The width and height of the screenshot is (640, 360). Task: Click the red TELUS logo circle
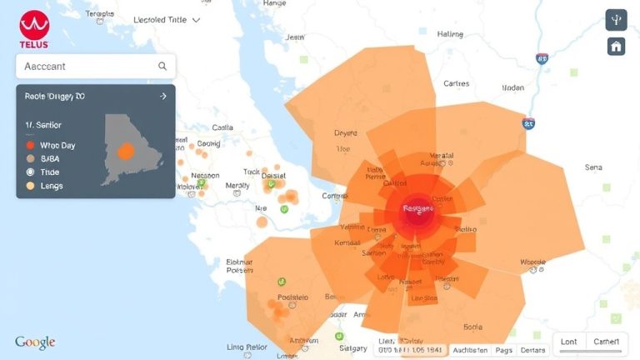[34, 25]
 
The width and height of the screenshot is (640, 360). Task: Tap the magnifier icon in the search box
[162, 66]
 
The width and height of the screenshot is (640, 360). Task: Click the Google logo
[35, 342]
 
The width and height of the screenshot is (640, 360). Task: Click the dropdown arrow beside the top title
[196, 19]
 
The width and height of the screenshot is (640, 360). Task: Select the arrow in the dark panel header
[162, 97]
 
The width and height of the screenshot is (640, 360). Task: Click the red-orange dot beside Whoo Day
[31, 145]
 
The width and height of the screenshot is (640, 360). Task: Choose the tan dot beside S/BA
[31, 158]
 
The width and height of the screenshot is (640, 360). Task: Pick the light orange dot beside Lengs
[31, 186]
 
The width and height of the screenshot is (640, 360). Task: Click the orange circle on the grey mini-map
[126, 152]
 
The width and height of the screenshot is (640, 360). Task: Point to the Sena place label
[593, 167]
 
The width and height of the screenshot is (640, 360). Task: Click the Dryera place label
[346, 132]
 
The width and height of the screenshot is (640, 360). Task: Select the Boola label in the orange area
[473, 327]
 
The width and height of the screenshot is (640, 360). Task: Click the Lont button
[569, 342]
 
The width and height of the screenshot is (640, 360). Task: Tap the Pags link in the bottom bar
[503, 351]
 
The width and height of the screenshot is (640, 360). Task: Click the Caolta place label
[222, 127]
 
